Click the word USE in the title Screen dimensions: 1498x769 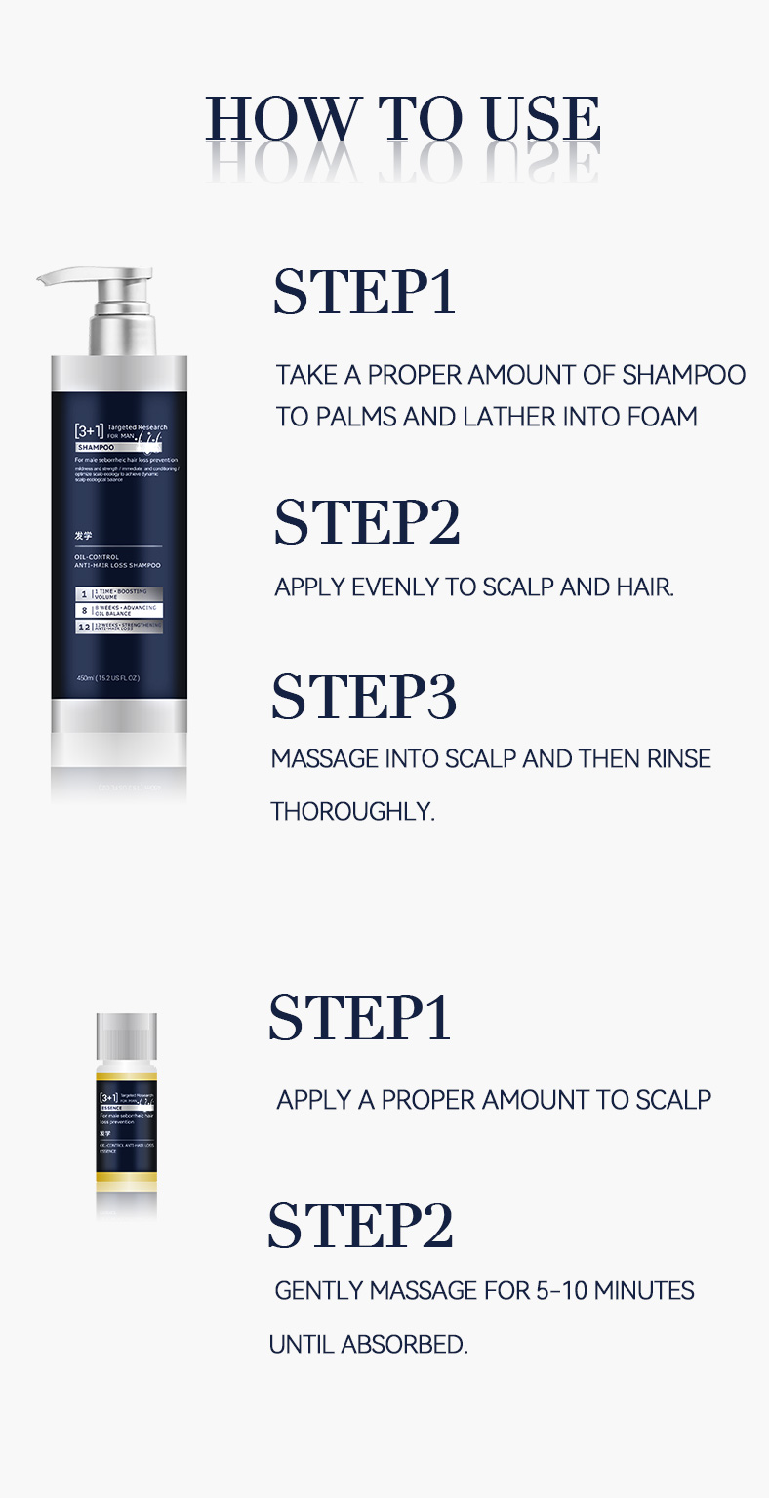[543, 121]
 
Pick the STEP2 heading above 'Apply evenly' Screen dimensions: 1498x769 [366, 522]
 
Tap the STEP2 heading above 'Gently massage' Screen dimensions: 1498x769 [361, 1226]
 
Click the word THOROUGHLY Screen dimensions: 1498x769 [352, 812]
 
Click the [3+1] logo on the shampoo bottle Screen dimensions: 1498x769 [89, 429]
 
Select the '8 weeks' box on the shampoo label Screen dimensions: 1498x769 [119, 609]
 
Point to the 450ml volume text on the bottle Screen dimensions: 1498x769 [107, 677]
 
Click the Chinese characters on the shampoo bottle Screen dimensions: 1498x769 [84, 535]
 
